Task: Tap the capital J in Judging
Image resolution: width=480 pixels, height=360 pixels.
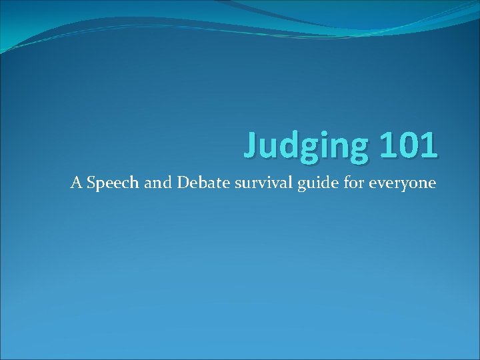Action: [252, 143]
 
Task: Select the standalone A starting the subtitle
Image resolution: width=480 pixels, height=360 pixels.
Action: [75, 182]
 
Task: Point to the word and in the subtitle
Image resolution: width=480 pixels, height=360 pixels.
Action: [157, 182]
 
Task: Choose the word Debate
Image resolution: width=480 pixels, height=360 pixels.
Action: [201, 182]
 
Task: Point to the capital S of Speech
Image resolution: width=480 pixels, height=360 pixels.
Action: [90, 182]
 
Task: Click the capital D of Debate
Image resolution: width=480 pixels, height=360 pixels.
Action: [181, 182]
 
